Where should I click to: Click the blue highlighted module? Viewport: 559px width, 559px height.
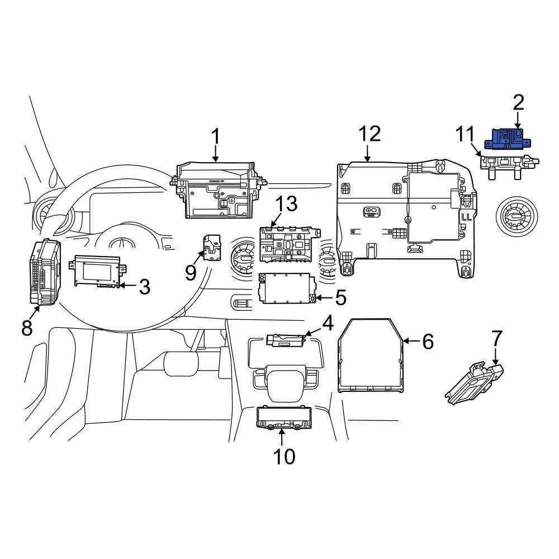508,139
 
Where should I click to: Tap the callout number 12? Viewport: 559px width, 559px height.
369,134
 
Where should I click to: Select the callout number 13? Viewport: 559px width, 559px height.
287,203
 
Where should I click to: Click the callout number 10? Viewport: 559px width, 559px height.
284,457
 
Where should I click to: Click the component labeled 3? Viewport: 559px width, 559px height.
97,271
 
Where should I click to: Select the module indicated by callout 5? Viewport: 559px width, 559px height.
287,288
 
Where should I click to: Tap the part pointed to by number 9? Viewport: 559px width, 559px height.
211,248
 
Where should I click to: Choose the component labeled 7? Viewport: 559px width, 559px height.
474,383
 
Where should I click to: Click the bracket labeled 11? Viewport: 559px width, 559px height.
509,166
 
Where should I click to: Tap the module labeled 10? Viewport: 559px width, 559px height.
284,418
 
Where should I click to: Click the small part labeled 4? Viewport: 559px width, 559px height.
286,340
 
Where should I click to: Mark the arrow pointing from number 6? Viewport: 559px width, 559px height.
411,341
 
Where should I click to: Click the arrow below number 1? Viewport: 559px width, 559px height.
215,154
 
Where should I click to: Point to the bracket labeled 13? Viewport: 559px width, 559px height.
289,244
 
